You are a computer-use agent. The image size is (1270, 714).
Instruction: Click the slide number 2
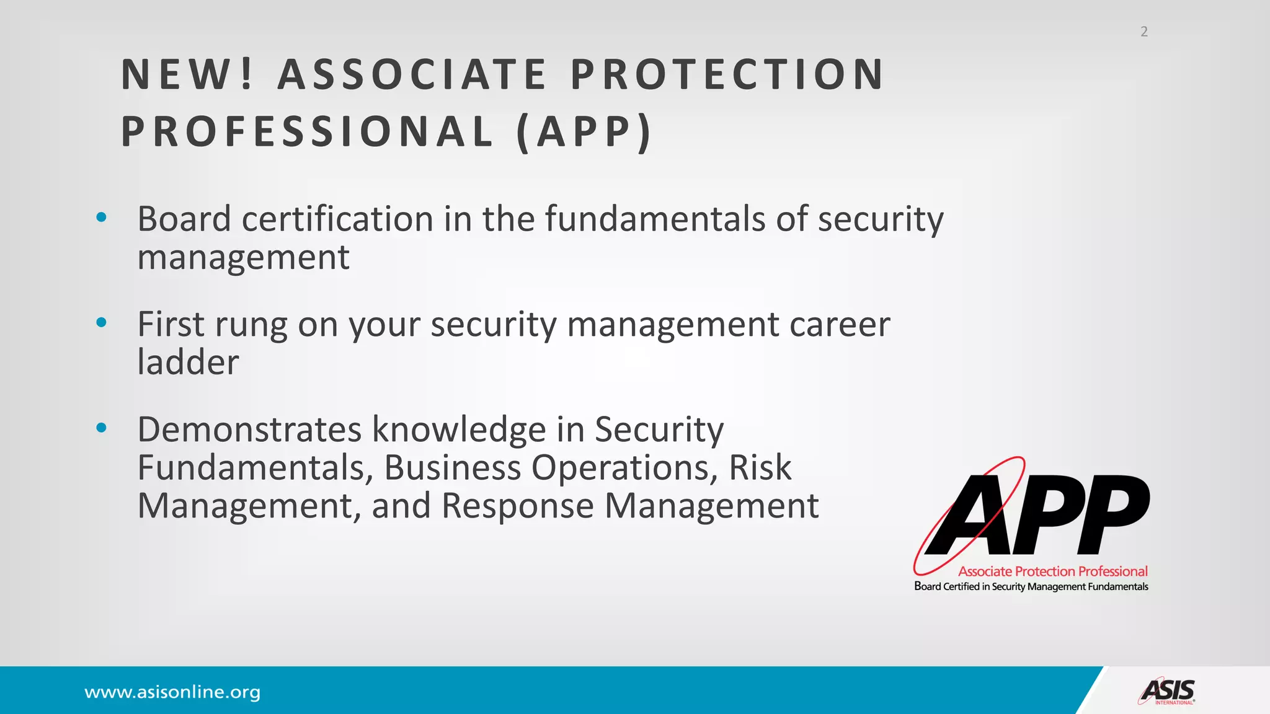coord(1144,32)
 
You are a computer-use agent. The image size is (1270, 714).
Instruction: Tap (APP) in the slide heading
coord(584,132)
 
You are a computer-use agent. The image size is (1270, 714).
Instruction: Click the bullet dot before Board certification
coord(102,218)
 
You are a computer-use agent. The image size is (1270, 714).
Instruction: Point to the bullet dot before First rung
coord(102,322)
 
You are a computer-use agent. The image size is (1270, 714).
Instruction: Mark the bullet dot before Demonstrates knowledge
coord(102,428)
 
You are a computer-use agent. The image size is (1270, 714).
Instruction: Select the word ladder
coord(188,362)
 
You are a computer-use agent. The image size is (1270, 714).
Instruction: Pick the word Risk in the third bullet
coord(760,467)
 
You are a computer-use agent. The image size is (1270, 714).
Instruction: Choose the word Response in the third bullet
coord(517,506)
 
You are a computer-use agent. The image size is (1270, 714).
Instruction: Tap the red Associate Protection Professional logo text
coord(1052,571)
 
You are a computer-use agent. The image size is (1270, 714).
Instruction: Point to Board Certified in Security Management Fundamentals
coord(1031,586)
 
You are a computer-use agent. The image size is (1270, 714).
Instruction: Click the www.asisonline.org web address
coord(172,692)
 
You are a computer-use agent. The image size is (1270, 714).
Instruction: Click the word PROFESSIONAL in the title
coord(308,132)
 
